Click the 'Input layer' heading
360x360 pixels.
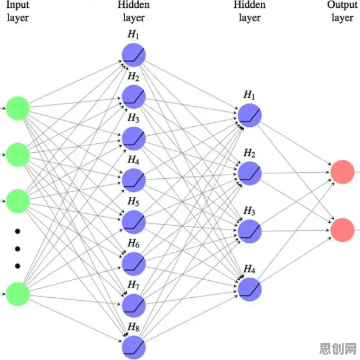[18, 11]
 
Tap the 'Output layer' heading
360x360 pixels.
[342, 11]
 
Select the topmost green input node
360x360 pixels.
[18, 108]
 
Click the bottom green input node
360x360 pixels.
[18, 294]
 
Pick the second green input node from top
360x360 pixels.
[18, 155]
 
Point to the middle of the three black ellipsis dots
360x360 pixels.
[18, 249]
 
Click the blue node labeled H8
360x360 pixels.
[134, 347]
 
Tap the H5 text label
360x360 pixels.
[133, 201]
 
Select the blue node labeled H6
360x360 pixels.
[134, 264]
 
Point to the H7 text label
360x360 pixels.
[133, 285]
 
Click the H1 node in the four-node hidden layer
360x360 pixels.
[250, 115]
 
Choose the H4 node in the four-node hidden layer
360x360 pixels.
[250, 289]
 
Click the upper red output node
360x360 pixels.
[342, 172]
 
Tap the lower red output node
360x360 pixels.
[342, 230]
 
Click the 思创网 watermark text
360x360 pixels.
[338, 349]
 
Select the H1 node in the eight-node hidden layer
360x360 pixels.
[134, 55]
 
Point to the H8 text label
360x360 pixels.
[133, 327]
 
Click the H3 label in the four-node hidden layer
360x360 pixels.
[249, 211]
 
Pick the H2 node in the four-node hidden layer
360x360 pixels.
[250, 173]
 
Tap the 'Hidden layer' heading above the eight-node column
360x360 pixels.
[134, 11]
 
